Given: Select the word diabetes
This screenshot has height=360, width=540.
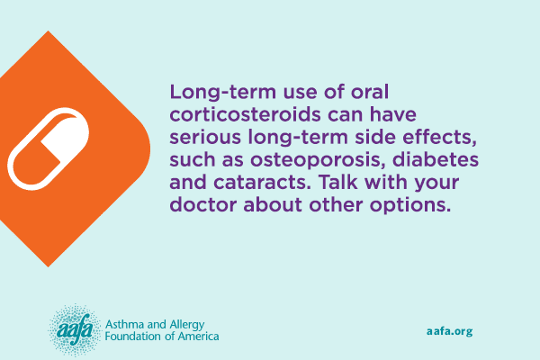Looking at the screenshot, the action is (436, 159).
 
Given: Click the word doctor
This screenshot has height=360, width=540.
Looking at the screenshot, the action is (203, 204).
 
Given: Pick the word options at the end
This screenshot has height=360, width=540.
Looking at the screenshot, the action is (410, 206).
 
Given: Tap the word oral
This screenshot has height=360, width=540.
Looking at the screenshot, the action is (370, 92).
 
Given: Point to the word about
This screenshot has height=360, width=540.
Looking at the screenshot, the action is (273, 204).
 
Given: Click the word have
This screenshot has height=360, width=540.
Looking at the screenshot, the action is (393, 114).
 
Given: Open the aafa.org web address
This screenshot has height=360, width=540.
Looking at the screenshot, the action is (449, 331).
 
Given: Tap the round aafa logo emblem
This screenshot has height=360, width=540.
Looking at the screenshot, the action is (75, 330).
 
